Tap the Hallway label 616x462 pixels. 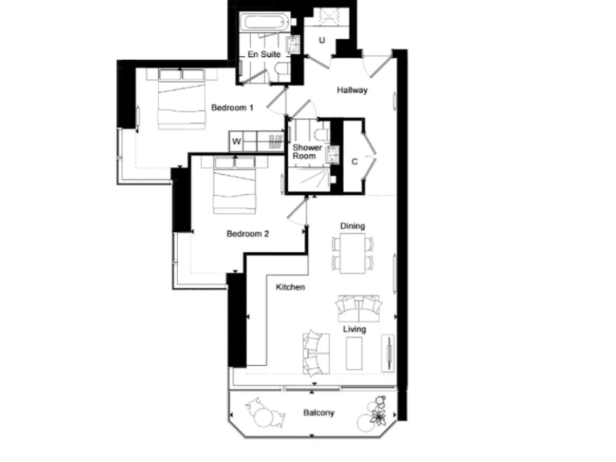pos(352,91)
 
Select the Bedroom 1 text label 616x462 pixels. pos(233,107)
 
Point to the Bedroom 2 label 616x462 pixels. pos(247,234)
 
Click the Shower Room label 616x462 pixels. pos(307,152)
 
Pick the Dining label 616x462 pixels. pos(352,226)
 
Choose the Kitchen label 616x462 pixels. pos(290,287)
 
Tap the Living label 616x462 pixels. pos(354,329)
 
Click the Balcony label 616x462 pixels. pos(318,413)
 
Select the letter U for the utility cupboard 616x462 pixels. pos(322,40)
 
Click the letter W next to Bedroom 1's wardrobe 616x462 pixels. pos(237,142)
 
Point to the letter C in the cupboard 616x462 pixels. pos(354,161)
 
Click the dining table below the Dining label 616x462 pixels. pos(353,253)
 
